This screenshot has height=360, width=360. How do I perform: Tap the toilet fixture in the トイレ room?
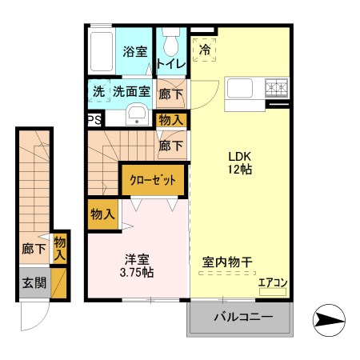(170, 40)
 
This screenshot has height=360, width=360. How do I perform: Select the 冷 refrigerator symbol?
(205, 49)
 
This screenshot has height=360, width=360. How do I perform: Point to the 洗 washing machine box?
(98, 91)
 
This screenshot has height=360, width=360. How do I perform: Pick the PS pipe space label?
(94, 120)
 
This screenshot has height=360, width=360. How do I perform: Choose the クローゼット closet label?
(153, 179)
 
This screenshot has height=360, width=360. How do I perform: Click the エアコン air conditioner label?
(272, 282)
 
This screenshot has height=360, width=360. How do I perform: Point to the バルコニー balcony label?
(242, 318)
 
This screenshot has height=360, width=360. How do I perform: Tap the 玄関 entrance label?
(33, 282)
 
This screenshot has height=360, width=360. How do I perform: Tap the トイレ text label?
(171, 64)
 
